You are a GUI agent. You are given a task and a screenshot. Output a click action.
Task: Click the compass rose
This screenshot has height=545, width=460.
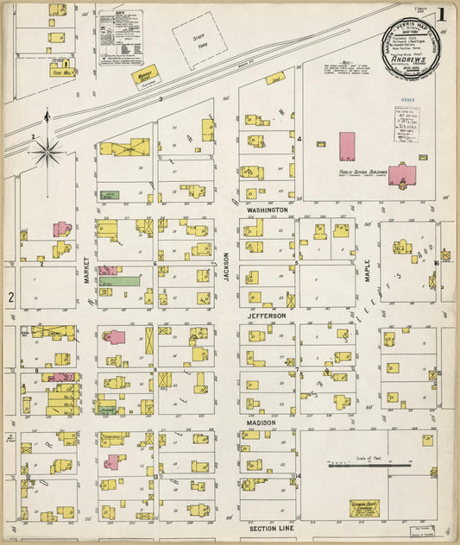click(x=47, y=152)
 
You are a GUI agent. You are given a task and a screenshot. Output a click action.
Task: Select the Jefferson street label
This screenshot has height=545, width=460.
click(x=267, y=316)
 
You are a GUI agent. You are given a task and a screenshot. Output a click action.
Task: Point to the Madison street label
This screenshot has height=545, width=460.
click(x=262, y=423)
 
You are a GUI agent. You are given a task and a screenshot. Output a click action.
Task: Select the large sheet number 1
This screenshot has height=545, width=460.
click(x=441, y=15)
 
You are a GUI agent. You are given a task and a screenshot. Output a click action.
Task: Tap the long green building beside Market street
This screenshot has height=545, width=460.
click(x=119, y=281)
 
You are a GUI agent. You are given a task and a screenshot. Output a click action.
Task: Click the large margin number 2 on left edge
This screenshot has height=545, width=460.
click(x=10, y=298)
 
